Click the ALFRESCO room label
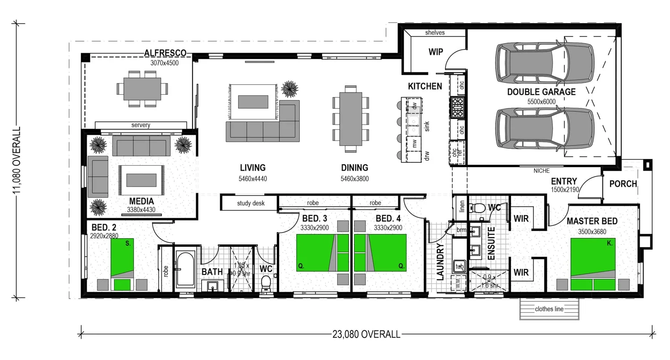point(165,53)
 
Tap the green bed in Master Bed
point(593,264)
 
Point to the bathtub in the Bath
point(185,270)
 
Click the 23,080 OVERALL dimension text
point(366,334)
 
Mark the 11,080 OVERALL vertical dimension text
point(17,160)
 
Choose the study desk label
point(251,203)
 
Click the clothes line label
point(549,309)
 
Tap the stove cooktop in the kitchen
point(458,107)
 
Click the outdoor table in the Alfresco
point(142,88)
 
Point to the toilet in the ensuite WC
point(479,208)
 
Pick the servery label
point(141,126)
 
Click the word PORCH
point(623,184)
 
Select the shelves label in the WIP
point(435,33)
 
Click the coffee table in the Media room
point(141,180)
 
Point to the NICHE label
point(541,171)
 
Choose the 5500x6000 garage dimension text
point(541,102)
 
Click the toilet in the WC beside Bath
point(266,282)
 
